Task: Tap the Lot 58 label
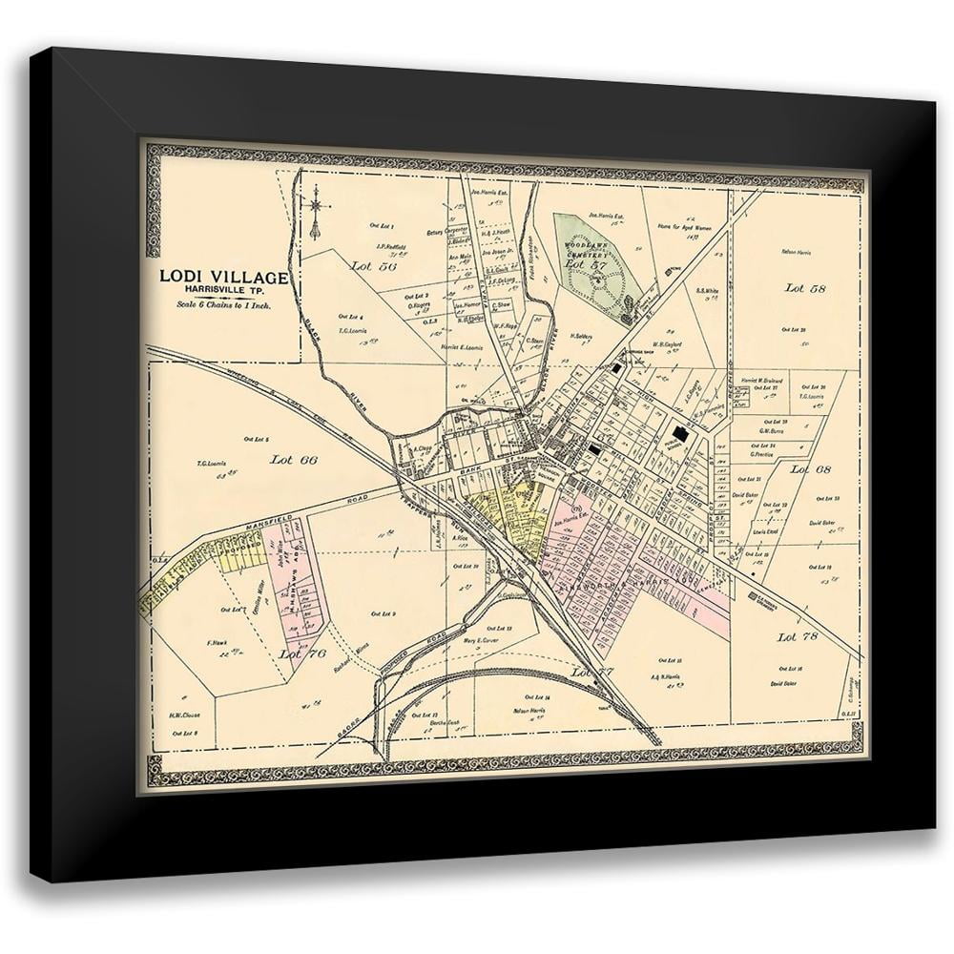806,286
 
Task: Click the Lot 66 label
293,459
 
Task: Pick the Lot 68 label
811,469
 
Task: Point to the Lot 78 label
798,635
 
